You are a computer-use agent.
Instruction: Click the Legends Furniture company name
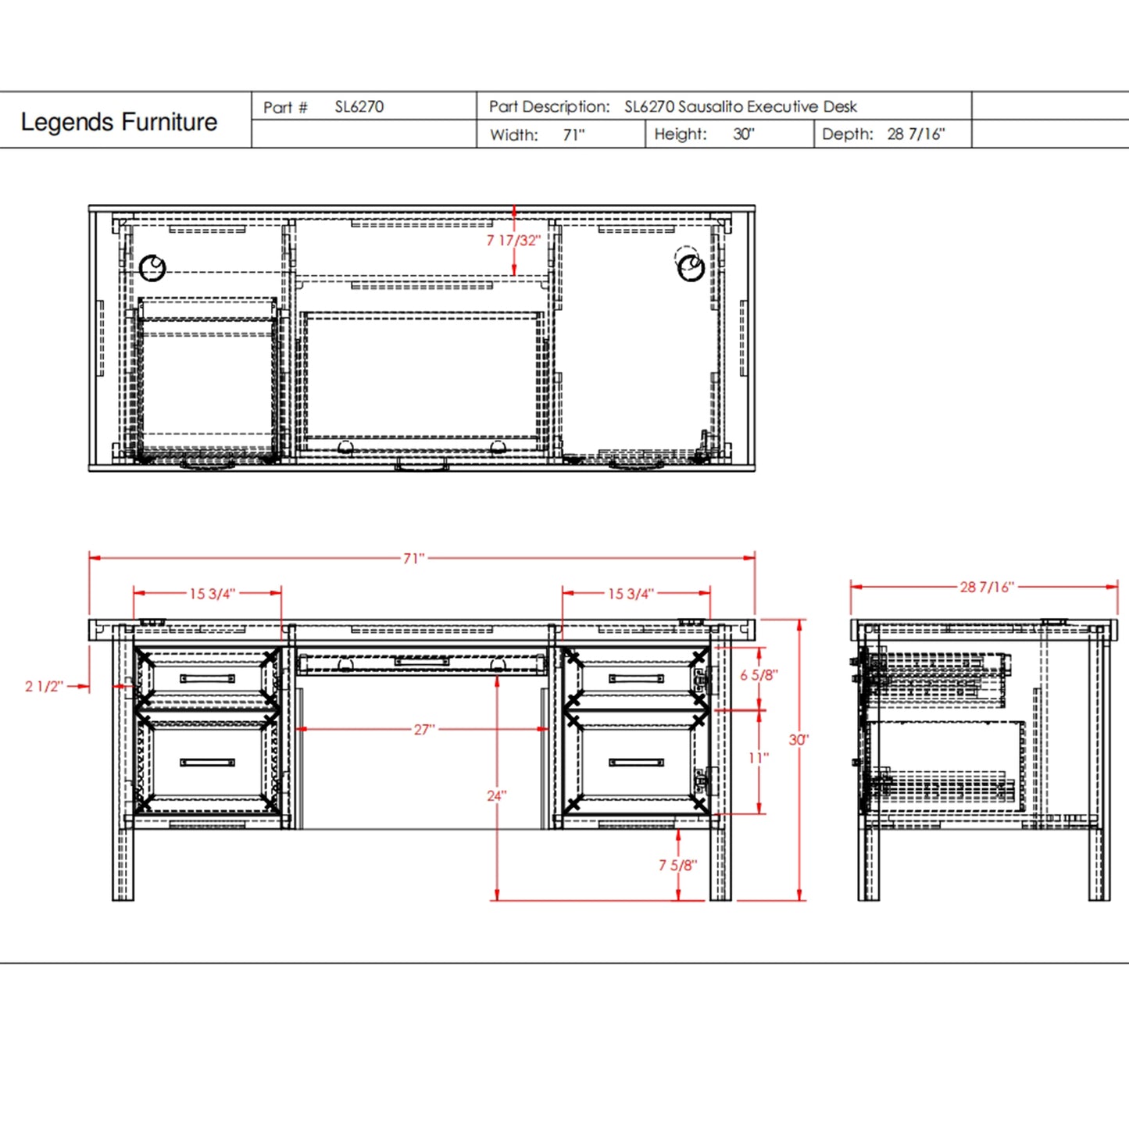[119, 122]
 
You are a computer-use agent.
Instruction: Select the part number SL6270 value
[359, 107]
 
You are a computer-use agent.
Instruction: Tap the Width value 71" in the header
[573, 135]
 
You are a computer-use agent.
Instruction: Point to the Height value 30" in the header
[743, 134]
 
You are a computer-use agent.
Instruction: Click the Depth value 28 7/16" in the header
[916, 134]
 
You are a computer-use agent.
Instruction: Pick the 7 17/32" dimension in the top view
[513, 241]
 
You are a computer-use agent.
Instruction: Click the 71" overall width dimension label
[414, 559]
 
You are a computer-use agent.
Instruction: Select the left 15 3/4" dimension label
[212, 594]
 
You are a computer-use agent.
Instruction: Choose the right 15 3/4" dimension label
[631, 594]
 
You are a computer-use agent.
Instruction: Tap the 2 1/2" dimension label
[44, 687]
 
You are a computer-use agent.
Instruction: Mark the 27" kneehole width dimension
[423, 730]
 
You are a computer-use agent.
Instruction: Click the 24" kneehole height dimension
[497, 795]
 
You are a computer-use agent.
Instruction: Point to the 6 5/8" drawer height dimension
[759, 675]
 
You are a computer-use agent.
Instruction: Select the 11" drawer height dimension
[759, 758]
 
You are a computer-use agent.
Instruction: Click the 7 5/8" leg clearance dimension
[677, 865]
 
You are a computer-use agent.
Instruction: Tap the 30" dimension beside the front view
[799, 739]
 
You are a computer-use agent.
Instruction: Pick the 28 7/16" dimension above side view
[986, 587]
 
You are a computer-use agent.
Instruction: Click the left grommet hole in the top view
[152, 268]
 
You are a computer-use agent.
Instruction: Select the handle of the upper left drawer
[207, 678]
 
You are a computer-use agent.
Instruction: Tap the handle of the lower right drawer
[636, 763]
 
